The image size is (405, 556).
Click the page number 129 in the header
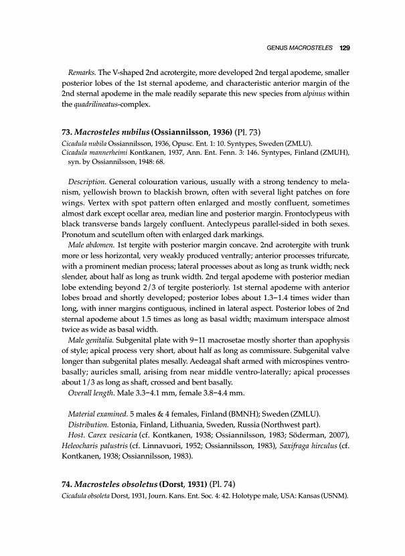coord(345,48)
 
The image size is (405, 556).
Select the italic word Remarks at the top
coord(84,71)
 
